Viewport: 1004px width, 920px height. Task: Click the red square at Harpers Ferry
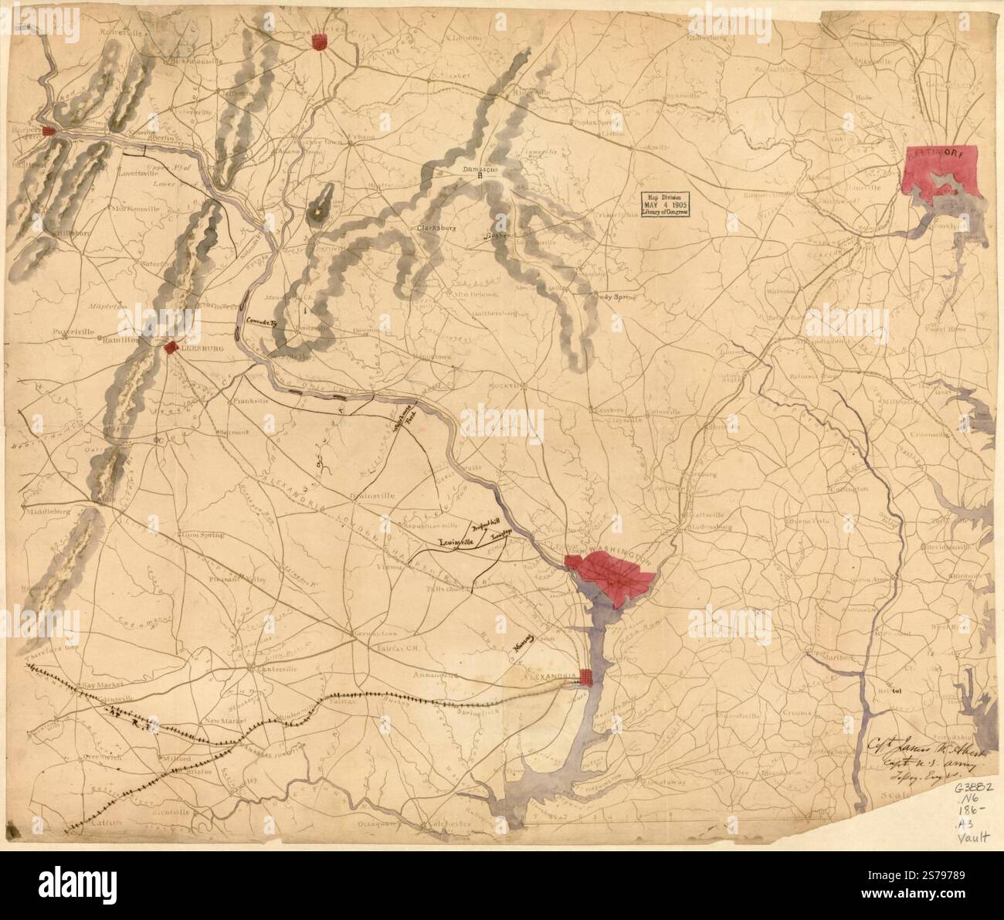pyautogui.click(x=48, y=131)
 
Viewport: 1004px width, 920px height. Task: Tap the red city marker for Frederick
pyautogui.click(x=317, y=42)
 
